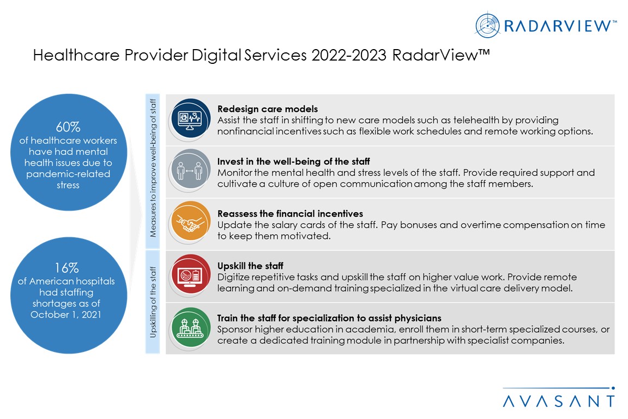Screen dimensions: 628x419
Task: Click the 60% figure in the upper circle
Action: point(68,127)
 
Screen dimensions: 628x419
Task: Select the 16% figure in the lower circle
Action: point(67,268)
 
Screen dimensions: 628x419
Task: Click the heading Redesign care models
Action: point(268,109)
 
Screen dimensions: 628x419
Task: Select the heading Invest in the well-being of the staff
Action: point(294,161)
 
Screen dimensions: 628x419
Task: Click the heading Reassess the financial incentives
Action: point(291,214)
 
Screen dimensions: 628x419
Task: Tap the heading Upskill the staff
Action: point(250,266)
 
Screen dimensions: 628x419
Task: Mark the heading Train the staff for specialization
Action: point(329,318)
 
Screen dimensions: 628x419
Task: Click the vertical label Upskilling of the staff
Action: point(153,302)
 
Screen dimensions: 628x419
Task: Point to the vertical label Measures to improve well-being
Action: point(153,168)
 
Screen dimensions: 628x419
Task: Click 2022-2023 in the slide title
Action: point(349,55)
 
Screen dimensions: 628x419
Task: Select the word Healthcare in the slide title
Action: point(76,55)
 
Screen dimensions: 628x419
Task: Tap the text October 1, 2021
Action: point(65,315)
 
